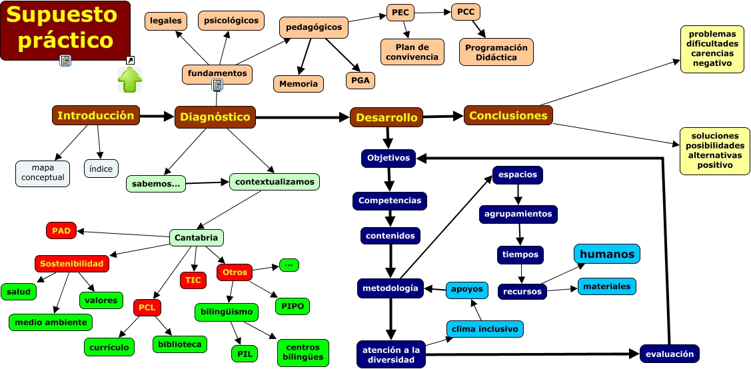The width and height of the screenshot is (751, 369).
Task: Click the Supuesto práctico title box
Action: (x=65, y=30)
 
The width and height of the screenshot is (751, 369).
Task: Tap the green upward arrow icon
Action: (x=130, y=79)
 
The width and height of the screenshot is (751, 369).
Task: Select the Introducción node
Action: (x=96, y=115)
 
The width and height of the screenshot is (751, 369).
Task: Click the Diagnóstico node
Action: (x=215, y=117)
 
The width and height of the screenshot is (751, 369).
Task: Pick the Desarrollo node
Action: (x=386, y=117)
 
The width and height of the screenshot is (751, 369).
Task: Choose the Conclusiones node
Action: (x=508, y=115)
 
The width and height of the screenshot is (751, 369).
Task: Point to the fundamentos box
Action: (x=217, y=73)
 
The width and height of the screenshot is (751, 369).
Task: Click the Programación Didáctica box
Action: (x=496, y=52)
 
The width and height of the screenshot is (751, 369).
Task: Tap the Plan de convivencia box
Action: (x=412, y=51)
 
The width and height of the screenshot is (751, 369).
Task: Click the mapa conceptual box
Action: (x=43, y=173)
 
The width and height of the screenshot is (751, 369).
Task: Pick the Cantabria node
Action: (x=197, y=238)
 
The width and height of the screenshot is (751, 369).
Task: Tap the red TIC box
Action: (x=193, y=280)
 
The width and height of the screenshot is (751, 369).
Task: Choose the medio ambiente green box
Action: (x=51, y=322)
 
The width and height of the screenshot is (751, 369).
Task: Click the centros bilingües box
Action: (x=303, y=352)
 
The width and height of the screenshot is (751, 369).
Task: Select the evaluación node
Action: (x=670, y=353)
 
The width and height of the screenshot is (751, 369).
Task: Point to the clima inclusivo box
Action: (x=484, y=328)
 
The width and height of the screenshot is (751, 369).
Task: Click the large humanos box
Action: (x=607, y=254)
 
